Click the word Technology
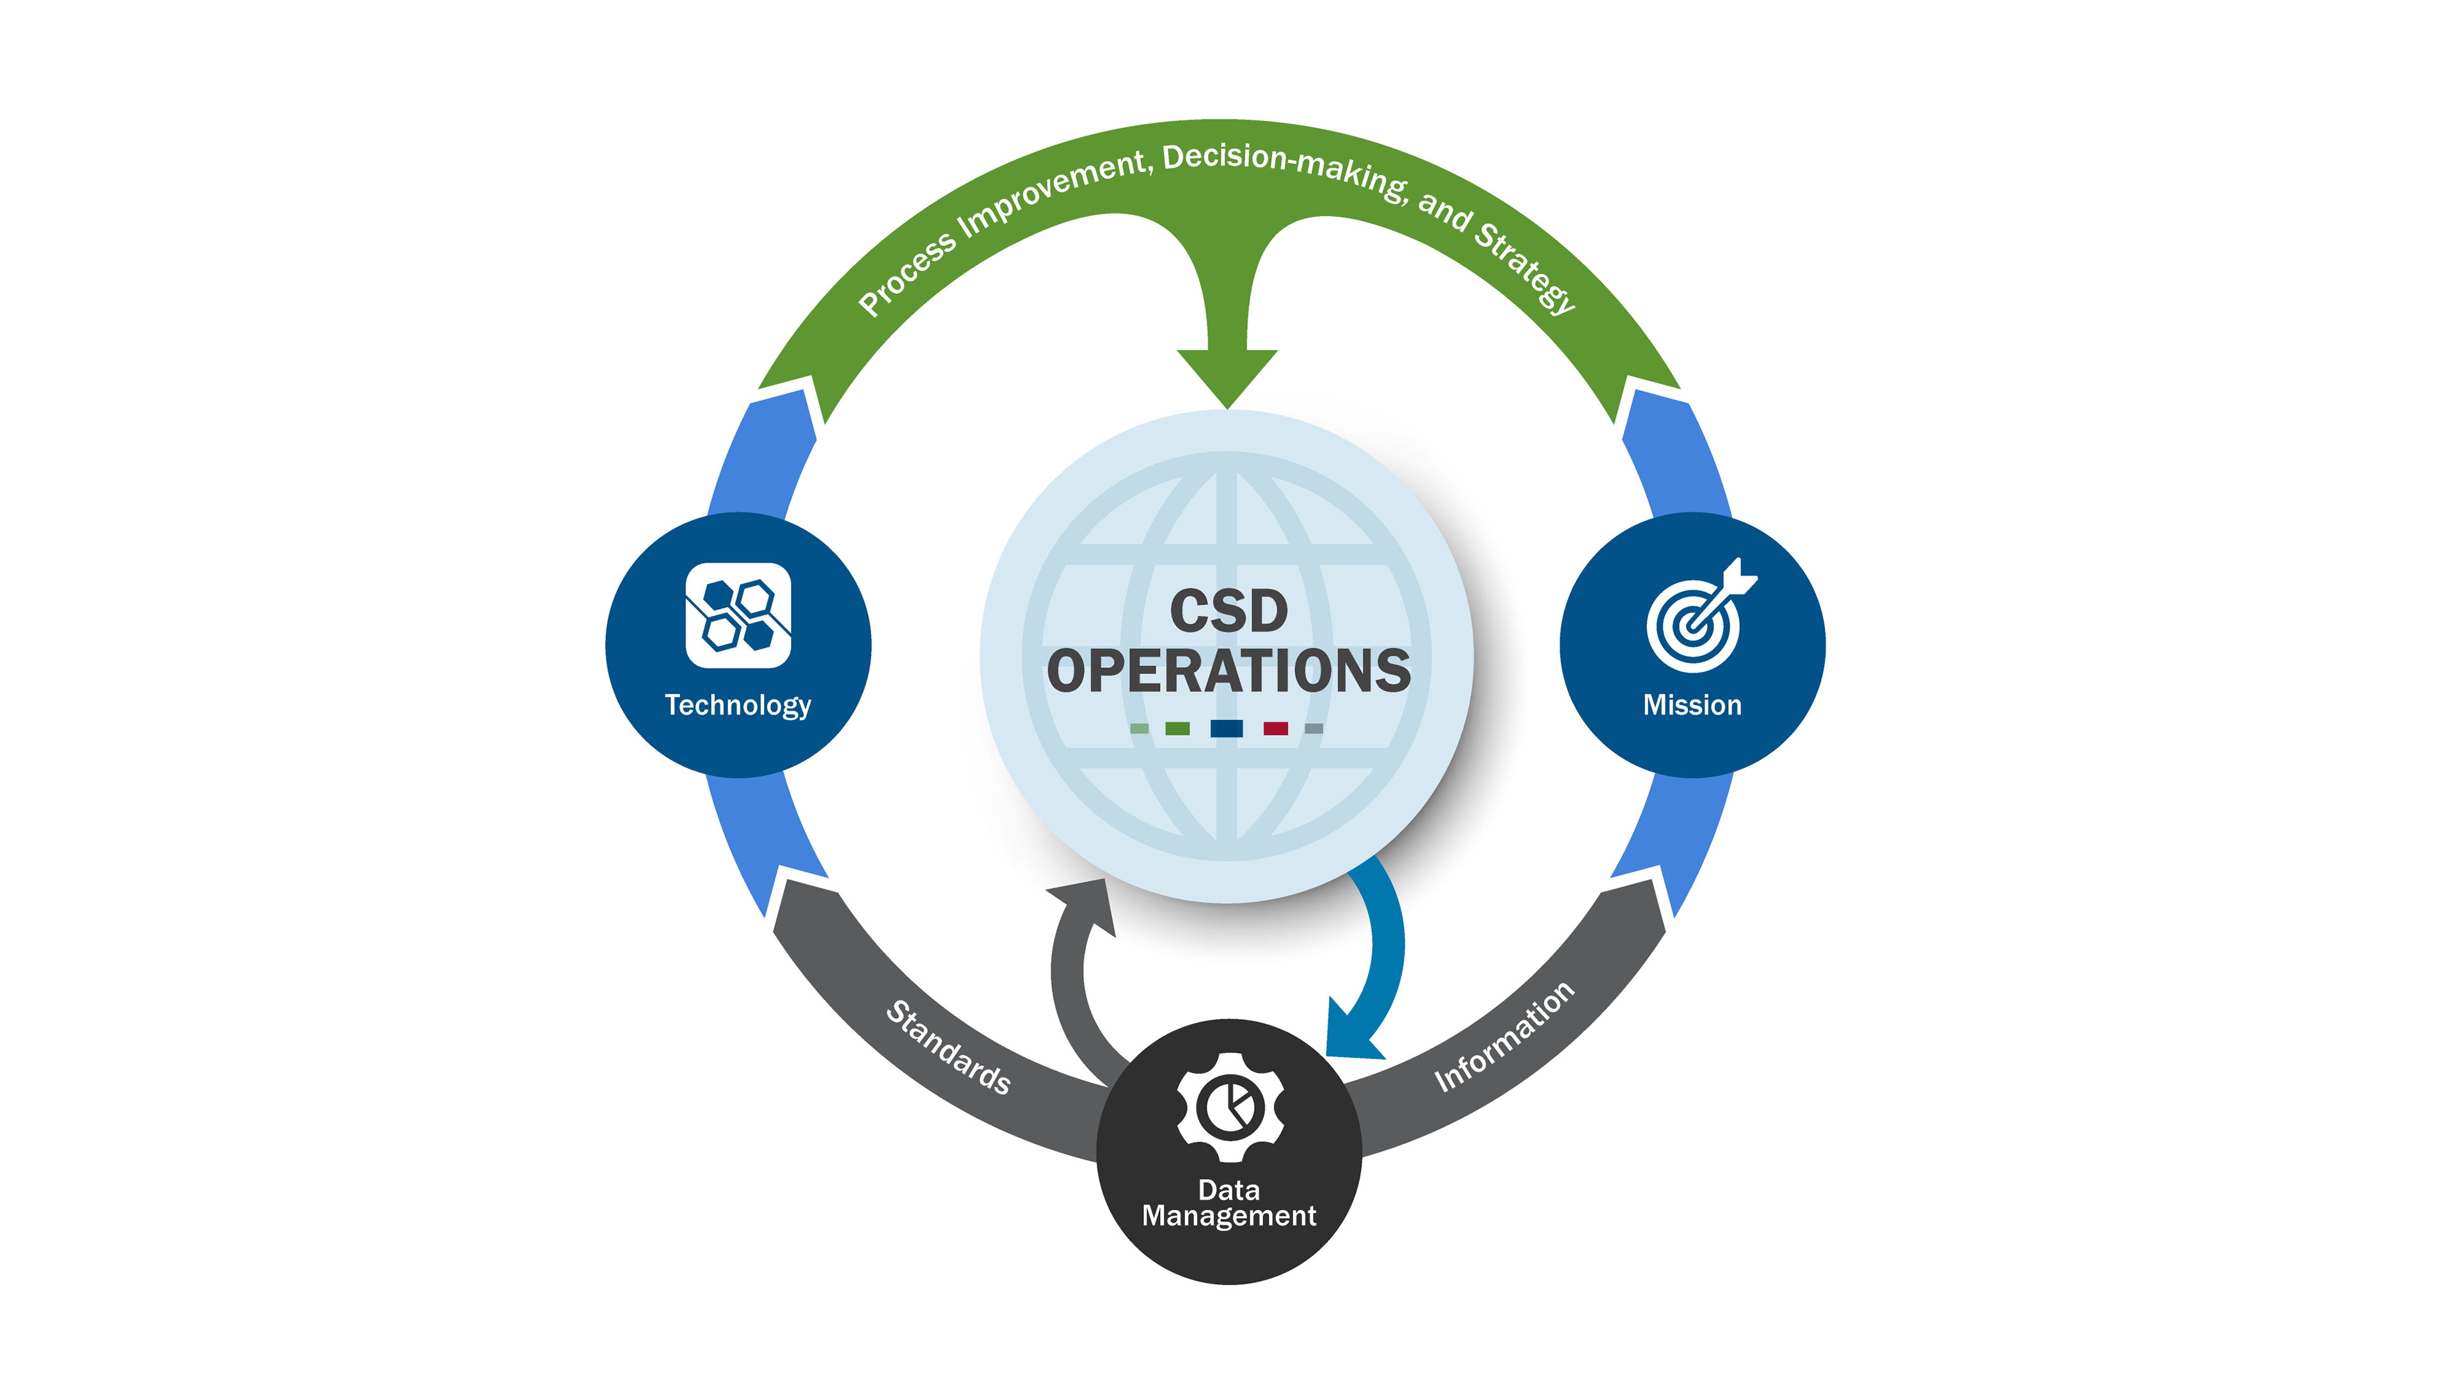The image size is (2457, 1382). (x=737, y=705)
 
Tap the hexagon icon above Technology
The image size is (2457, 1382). (x=737, y=615)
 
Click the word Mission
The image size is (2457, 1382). (x=1692, y=705)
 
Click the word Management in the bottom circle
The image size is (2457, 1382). (x=1228, y=1216)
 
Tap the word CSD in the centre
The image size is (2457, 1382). (x=1228, y=612)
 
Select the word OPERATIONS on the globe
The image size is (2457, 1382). (x=1228, y=671)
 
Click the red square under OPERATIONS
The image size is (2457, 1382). (x=1275, y=729)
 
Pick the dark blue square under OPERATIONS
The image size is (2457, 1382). (x=1226, y=729)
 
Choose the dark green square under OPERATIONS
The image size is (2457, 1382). (x=1177, y=729)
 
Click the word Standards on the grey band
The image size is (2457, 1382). (x=948, y=1047)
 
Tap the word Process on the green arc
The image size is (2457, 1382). (x=906, y=273)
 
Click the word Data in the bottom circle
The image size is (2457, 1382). (x=1228, y=1189)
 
